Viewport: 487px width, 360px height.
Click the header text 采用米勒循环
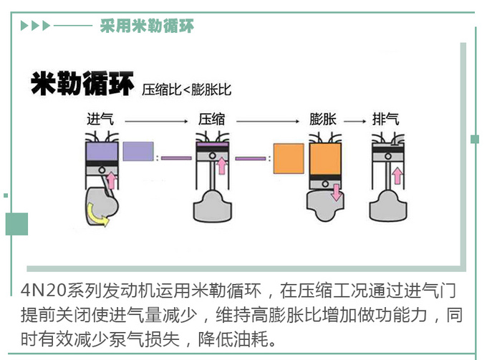(x=146, y=26)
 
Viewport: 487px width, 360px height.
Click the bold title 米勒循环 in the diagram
(x=82, y=84)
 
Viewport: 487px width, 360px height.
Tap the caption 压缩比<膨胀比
(x=186, y=89)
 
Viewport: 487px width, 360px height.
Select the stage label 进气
(x=100, y=119)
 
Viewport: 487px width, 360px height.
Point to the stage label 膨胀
(x=324, y=119)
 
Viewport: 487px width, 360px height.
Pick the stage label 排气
(x=386, y=119)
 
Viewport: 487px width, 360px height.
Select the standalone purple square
(x=138, y=151)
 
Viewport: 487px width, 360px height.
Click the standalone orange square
(x=289, y=158)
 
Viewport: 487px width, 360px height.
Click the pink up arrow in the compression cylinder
(x=222, y=166)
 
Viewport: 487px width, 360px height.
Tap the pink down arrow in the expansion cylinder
(x=334, y=190)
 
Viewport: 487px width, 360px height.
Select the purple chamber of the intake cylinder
(x=102, y=151)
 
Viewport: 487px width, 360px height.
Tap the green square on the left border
(x=16, y=224)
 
